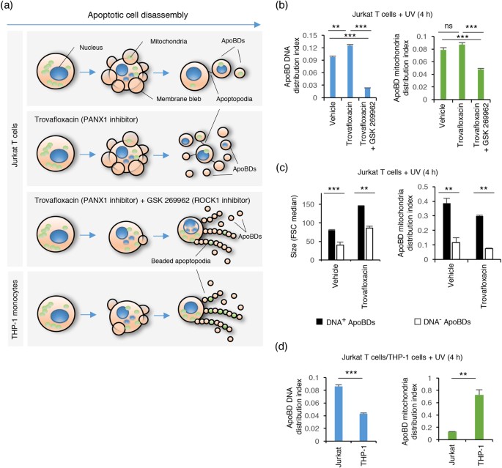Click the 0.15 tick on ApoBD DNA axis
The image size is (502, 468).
point(309,35)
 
